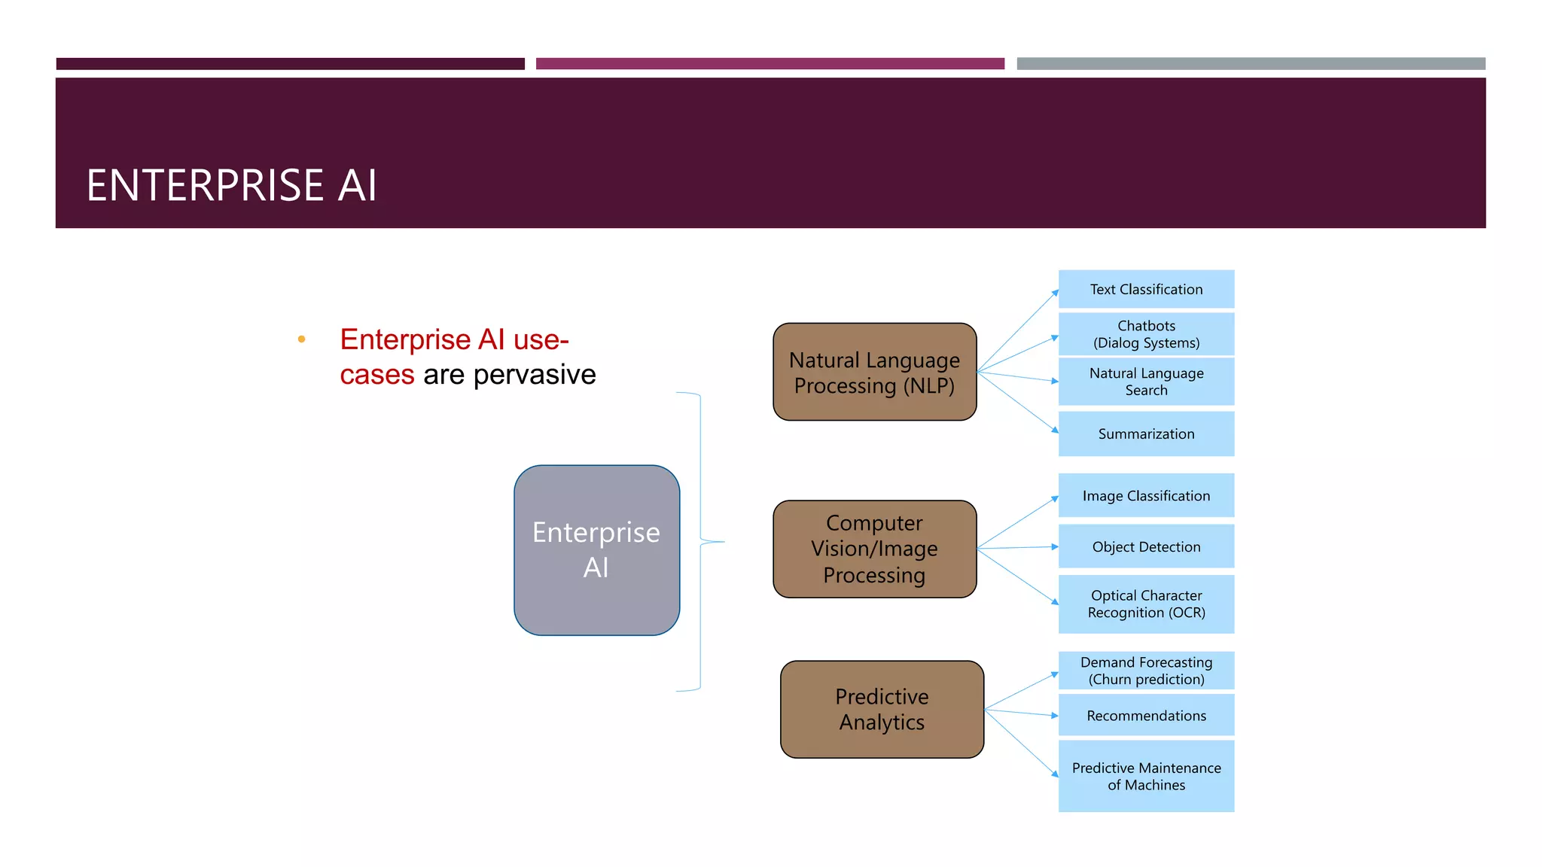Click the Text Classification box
click(x=1146, y=289)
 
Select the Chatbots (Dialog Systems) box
click(x=1146, y=334)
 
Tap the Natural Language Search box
click(x=1146, y=382)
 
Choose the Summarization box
click(x=1146, y=433)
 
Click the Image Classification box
click(x=1146, y=495)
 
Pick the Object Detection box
click(x=1146, y=546)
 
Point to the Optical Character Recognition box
click(x=1146, y=604)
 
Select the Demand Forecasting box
click(x=1146, y=671)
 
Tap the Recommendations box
click(x=1146, y=715)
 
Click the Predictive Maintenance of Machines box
click(x=1146, y=776)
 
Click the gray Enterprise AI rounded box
click(x=596, y=550)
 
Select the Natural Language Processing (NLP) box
click(x=874, y=372)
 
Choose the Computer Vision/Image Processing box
click(x=874, y=549)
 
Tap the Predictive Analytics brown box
click(x=882, y=709)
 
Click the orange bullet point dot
click(x=301, y=339)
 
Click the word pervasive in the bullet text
click(x=534, y=375)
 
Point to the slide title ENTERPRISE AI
click(x=231, y=185)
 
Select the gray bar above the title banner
click(x=1251, y=64)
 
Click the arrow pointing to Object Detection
click(x=1017, y=548)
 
